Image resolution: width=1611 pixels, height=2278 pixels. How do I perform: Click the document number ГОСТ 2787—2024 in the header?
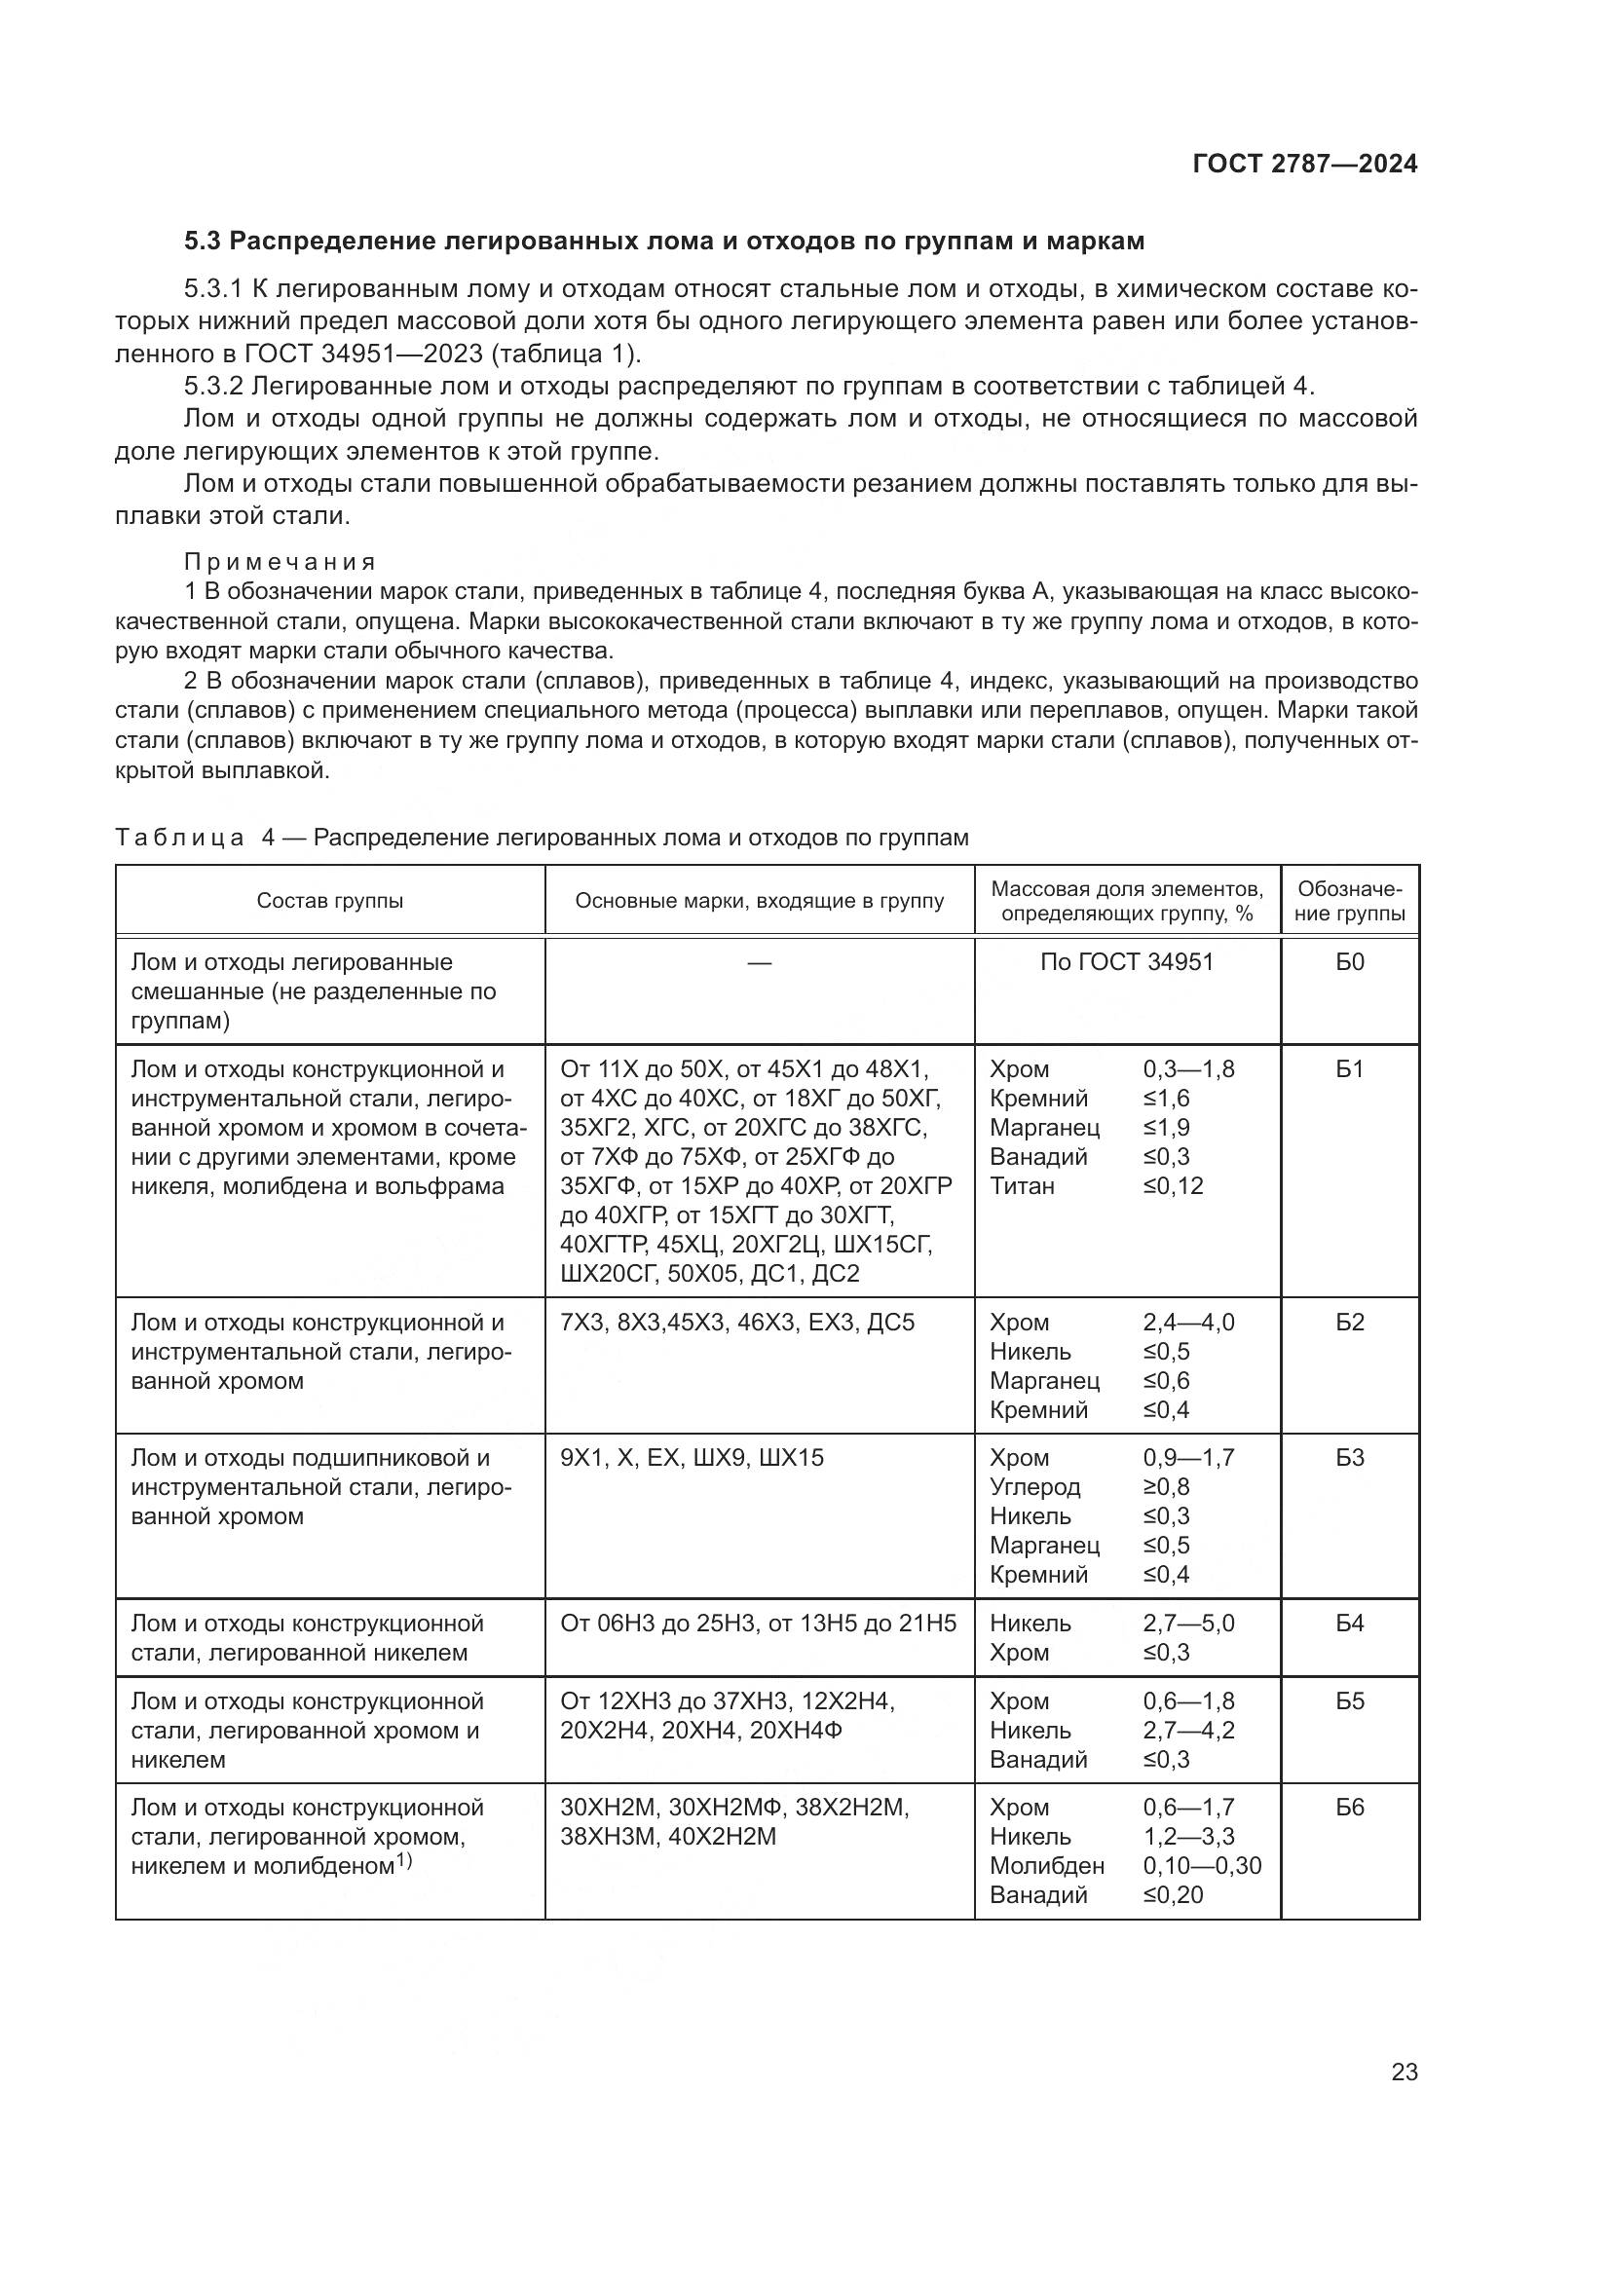coord(1304,165)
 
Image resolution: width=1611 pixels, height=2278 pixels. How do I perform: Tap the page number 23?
coord(1405,2073)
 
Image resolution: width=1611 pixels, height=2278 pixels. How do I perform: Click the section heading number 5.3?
coord(205,242)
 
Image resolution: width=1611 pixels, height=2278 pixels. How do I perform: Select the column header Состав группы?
coord(329,901)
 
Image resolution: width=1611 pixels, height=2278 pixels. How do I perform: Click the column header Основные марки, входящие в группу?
coord(759,901)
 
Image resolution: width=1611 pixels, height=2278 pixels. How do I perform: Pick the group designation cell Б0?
coord(1349,961)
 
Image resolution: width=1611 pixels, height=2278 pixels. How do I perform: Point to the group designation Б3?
coord(1349,1458)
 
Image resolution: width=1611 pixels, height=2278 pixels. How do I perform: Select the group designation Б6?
coord(1349,1807)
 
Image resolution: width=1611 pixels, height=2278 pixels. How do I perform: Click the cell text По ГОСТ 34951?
coord(1126,961)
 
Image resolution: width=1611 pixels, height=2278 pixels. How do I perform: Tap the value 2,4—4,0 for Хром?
coord(1188,1323)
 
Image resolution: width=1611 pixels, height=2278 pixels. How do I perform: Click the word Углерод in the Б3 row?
coord(1034,1486)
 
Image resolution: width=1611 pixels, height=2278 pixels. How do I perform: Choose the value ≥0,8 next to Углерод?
coord(1166,1486)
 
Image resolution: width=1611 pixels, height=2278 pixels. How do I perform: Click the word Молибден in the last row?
coord(1046,1865)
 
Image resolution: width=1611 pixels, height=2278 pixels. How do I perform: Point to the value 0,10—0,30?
coord(1201,1865)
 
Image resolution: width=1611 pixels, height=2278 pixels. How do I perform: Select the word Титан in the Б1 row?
coord(1022,1185)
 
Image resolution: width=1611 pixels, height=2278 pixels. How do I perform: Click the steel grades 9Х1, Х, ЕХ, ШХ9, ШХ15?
coord(692,1458)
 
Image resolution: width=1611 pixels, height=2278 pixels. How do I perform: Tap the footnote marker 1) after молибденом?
coord(404,1860)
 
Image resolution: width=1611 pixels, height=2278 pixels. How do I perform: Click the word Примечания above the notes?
coord(280,562)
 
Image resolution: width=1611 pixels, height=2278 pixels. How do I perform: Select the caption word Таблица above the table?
coord(179,838)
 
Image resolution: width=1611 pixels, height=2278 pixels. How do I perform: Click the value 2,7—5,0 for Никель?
coord(1188,1624)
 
